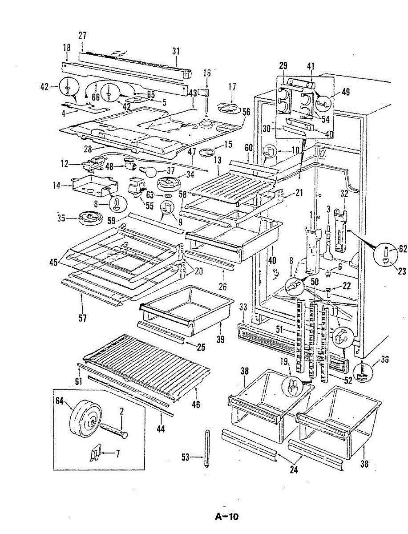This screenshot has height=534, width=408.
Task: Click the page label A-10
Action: (x=227, y=516)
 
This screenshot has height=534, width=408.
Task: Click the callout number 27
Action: (x=82, y=35)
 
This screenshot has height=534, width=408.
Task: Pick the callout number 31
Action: (x=176, y=51)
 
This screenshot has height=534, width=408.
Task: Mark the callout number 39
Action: (x=219, y=339)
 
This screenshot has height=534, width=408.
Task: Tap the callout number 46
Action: (x=195, y=404)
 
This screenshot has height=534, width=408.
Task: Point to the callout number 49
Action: (x=346, y=92)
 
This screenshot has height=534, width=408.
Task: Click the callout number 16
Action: (x=207, y=73)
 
